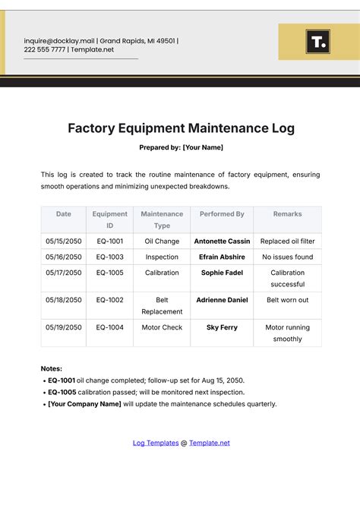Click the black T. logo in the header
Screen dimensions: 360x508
point(317,42)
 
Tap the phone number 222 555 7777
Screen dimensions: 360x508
point(44,50)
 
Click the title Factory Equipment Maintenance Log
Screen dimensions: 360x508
point(181,128)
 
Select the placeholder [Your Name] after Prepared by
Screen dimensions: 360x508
point(203,147)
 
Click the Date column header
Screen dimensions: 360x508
point(64,214)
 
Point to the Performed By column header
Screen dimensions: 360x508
point(222,214)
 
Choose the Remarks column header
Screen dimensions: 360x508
point(287,214)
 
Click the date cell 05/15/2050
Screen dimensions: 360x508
point(64,241)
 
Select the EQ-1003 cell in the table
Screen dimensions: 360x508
point(110,257)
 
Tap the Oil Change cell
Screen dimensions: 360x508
point(162,241)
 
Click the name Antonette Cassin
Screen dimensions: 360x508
point(222,241)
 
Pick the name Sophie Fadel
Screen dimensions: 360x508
point(222,273)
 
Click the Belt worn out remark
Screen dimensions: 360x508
point(287,300)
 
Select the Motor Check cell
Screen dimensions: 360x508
point(162,327)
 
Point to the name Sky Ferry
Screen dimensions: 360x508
point(222,327)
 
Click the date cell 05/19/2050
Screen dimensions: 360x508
point(64,327)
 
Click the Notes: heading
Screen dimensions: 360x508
point(52,368)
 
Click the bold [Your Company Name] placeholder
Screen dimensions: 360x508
point(84,404)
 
